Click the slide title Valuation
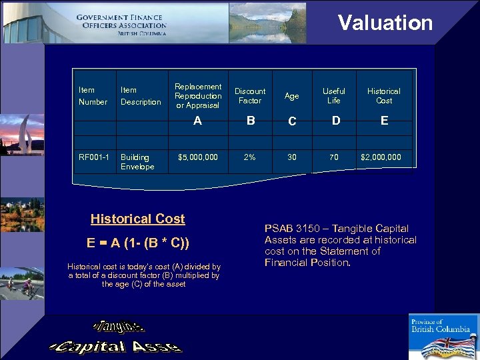click(385, 23)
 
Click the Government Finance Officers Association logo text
click(121, 25)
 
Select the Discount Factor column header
click(250, 96)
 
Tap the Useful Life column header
click(333, 96)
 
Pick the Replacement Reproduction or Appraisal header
click(197, 96)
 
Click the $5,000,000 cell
click(197, 157)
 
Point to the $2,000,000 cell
click(381, 157)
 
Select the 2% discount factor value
click(249, 157)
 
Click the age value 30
click(292, 157)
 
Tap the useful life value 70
click(333, 157)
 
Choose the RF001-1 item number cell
click(94, 157)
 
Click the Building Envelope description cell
click(137, 162)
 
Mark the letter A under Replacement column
click(197, 121)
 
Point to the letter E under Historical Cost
click(384, 121)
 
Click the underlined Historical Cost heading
click(138, 219)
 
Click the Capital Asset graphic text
click(115, 346)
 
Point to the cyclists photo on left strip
click(22, 284)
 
